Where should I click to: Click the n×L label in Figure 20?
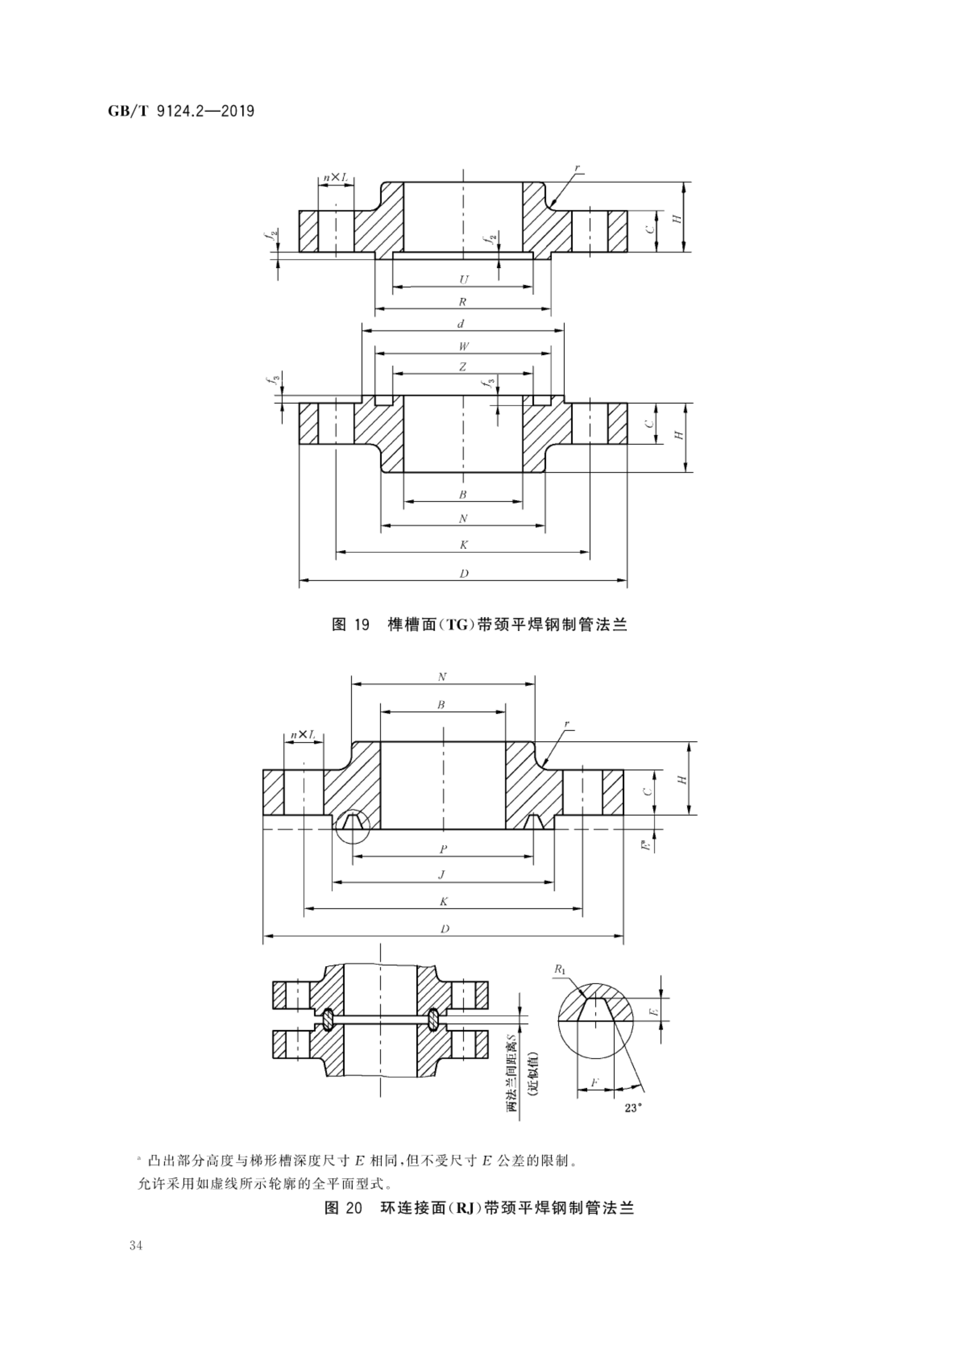[303, 735]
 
